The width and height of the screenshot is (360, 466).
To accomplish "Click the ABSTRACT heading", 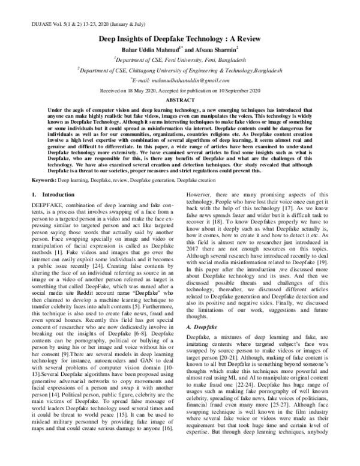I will (179, 99).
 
